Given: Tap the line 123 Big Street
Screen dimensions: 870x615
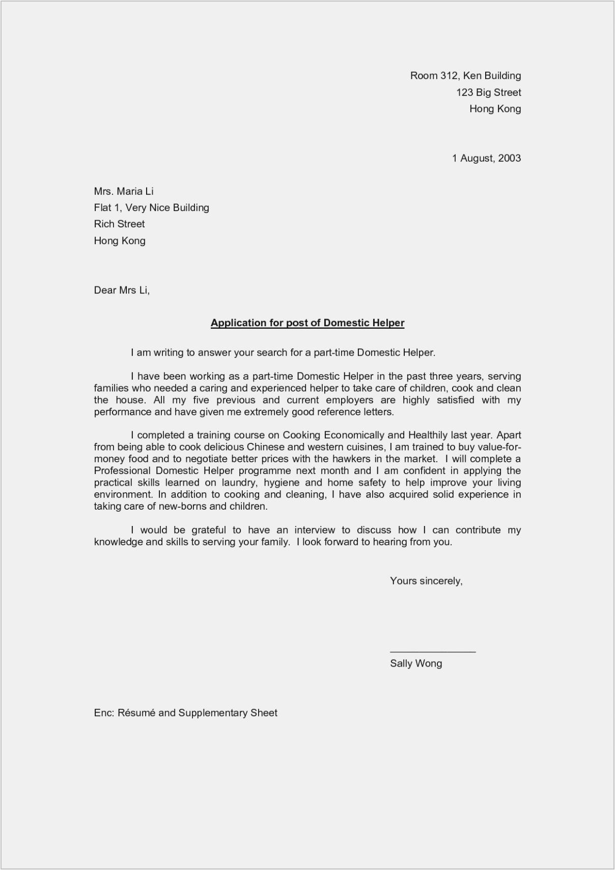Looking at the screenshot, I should coord(488,92).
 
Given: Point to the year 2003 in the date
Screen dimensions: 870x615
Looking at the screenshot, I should coord(510,158).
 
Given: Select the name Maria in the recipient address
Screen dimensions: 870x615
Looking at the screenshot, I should coord(129,191).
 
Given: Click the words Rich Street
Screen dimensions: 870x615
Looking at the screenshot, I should coord(119,224).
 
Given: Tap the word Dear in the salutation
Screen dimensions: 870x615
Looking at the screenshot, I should coord(105,290).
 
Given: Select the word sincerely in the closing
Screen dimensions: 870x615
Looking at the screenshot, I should coord(440,581).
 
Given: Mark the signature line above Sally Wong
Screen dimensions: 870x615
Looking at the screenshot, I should coord(433,651).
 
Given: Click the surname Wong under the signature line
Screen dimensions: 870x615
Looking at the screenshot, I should coord(429,663).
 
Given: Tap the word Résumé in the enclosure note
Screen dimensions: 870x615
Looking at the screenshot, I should coord(136,713).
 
